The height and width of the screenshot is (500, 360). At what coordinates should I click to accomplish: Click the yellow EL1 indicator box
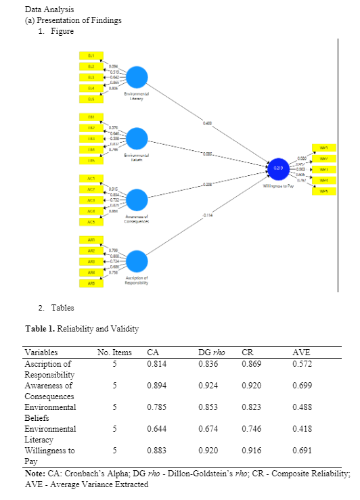click(91, 55)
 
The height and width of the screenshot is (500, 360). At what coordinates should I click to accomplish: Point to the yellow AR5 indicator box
click(91, 283)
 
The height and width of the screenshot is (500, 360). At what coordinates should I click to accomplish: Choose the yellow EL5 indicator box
click(91, 99)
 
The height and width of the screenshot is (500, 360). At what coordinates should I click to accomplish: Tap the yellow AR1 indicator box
click(91, 240)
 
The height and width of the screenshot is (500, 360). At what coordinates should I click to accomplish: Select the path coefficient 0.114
click(208, 215)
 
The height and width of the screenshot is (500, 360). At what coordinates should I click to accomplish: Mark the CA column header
click(153, 353)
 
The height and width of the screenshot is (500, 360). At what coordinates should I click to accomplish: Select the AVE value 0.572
click(302, 364)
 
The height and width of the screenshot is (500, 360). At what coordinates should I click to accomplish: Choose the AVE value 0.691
click(302, 451)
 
